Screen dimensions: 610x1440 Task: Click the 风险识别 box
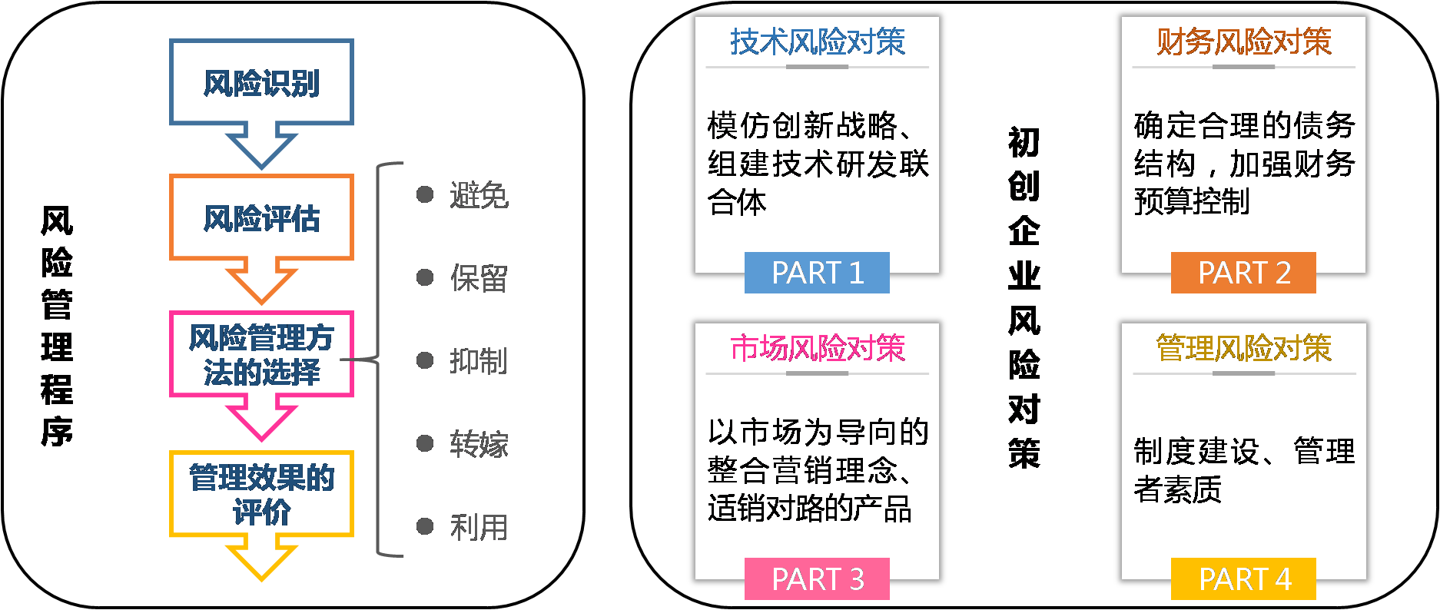(261, 82)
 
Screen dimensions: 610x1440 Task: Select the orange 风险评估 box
(261, 217)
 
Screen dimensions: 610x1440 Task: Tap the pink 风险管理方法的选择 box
(261, 354)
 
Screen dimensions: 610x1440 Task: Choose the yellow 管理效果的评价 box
(261, 494)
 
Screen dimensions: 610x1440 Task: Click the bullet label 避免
(478, 195)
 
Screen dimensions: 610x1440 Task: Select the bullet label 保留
(478, 278)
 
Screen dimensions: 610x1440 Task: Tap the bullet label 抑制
(478, 360)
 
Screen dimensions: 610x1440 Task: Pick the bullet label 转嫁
(478, 443)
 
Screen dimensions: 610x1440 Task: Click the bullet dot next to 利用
(425, 526)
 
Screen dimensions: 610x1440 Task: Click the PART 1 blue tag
(817, 273)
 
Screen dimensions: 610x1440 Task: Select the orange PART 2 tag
(1243, 273)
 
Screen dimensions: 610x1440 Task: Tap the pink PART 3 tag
(817, 579)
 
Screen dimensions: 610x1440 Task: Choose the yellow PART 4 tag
(1243, 579)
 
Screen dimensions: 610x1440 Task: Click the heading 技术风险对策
(818, 41)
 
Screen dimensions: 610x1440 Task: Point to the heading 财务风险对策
(1244, 41)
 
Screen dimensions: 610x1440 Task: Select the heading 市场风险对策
(818, 348)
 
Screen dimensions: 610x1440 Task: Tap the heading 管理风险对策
(1244, 348)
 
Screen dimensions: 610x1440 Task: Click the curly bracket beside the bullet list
(379, 359)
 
